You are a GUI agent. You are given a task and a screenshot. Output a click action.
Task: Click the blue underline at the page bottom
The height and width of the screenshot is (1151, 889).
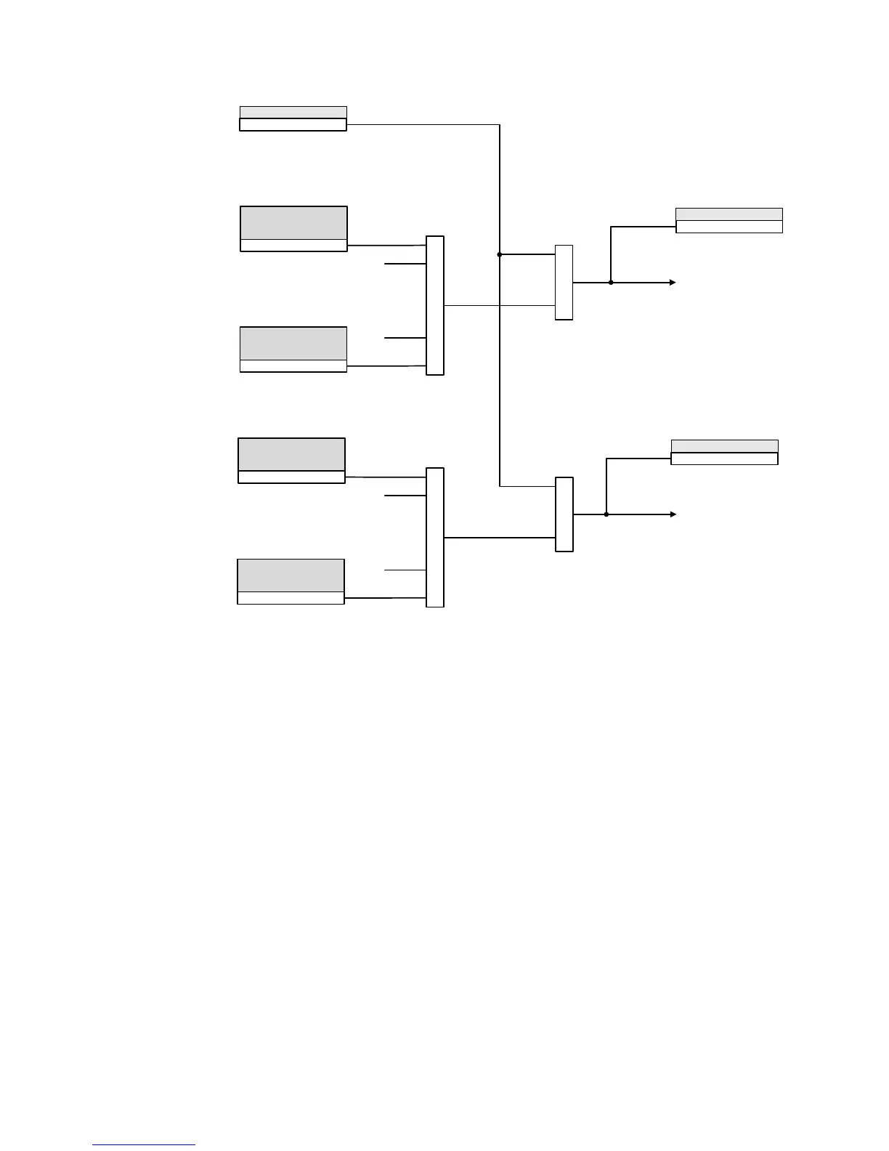click(144, 1145)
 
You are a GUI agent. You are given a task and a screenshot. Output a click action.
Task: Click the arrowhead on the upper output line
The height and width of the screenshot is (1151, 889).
click(673, 283)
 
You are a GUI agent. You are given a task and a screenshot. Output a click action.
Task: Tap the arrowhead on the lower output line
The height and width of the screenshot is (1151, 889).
click(673, 514)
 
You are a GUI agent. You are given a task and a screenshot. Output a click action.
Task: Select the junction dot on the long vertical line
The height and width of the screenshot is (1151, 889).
click(500, 254)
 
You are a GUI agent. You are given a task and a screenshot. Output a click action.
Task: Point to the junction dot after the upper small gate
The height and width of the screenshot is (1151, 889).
click(611, 283)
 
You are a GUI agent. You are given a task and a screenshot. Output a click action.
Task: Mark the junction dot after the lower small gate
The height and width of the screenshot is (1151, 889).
click(606, 514)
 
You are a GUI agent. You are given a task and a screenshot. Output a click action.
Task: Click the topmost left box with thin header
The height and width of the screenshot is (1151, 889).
click(293, 118)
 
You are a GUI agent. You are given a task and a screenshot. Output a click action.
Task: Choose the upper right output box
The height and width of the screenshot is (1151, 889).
click(728, 220)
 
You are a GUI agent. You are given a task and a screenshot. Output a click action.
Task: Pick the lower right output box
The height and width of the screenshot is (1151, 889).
click(724, 452)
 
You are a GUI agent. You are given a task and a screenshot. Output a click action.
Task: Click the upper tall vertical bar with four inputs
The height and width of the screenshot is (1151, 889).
click(434, 305)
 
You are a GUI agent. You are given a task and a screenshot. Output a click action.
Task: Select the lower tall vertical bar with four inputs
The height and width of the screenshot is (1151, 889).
click(434, 537)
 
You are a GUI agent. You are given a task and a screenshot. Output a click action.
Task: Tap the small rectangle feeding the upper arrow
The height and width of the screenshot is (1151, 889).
click(564, 283)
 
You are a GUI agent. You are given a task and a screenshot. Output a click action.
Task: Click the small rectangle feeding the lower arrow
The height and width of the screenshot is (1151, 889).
click(564, 514)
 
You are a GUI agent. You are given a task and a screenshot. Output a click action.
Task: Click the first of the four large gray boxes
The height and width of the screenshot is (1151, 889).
click(293, 228)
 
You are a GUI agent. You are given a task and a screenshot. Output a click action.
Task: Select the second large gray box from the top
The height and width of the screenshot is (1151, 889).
click(293, 349)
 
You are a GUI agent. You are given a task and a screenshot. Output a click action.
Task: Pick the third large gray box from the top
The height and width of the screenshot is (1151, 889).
click(291, 460)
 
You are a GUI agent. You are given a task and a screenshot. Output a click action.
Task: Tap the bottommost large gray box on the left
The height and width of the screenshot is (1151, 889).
click(291, 581)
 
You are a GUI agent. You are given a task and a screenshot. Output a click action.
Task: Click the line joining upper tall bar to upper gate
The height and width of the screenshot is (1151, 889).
click(472, 306)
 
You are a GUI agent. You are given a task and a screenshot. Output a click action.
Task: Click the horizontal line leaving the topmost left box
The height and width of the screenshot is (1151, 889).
click(421, 125)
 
